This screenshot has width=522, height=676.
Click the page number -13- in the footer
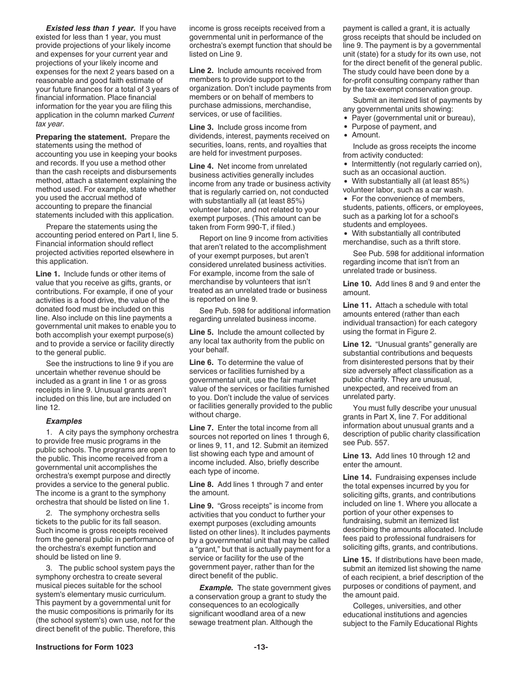[x=261, y=647]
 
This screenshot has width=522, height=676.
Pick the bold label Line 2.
[x=201, y=70]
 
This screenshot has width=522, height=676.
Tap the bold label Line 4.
[x=201, y=166]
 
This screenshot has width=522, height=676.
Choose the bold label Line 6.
[x=201, y=362]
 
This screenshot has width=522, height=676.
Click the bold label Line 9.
[x=201, y=506]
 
